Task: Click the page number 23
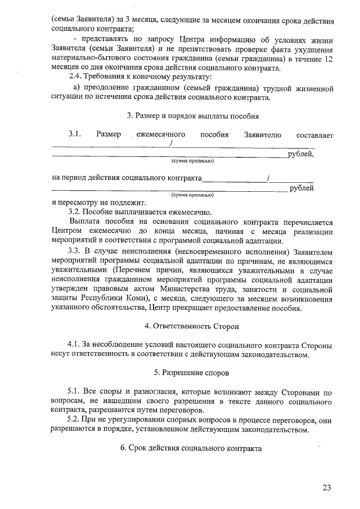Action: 327,487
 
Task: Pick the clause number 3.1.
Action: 76,135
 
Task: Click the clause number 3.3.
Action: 75,250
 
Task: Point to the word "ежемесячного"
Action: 162,135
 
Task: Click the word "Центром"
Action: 67,231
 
